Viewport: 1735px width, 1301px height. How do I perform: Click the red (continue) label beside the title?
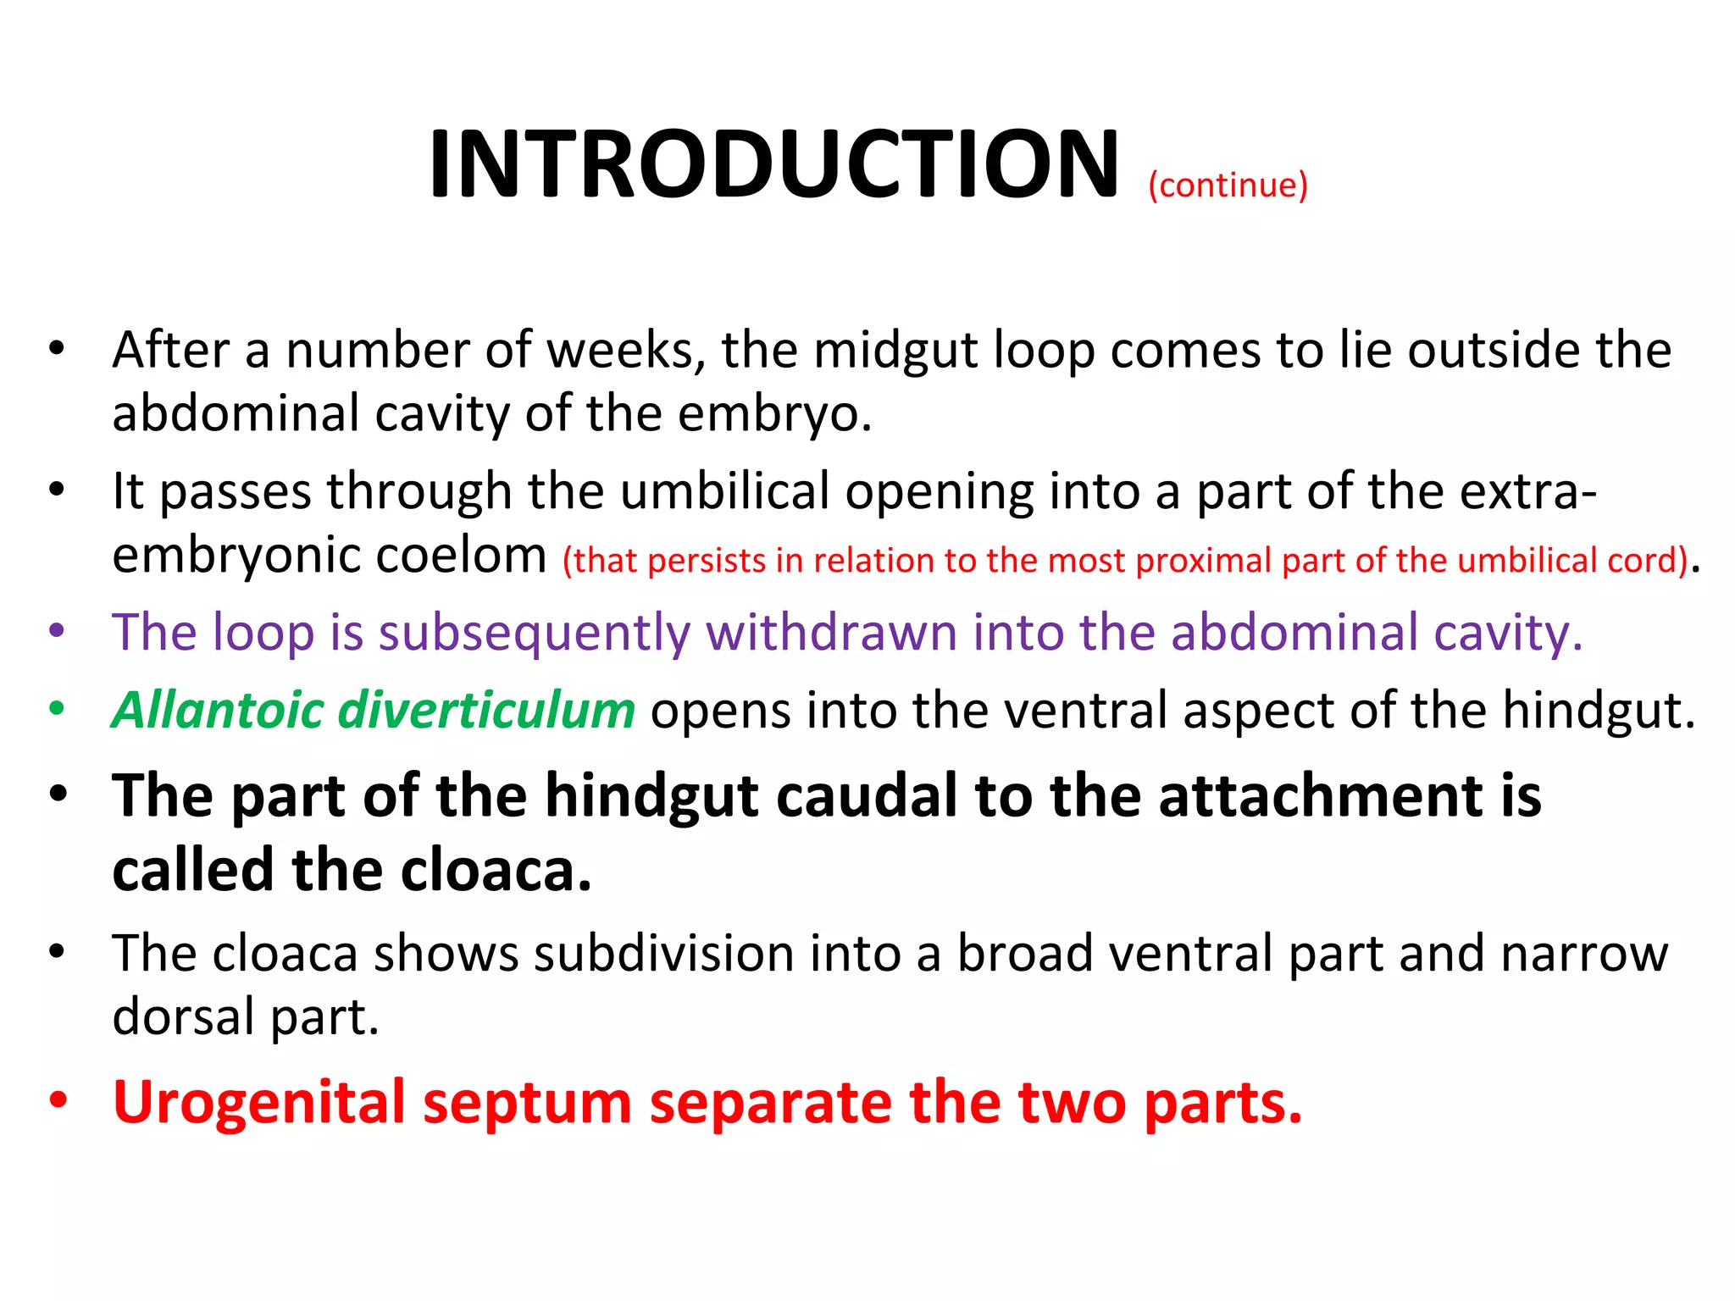pos(1228,185)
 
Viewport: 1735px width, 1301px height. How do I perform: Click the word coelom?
pos(461,556)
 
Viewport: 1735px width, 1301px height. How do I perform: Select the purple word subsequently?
pos(534,634)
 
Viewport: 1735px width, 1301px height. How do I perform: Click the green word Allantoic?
pos(218,710)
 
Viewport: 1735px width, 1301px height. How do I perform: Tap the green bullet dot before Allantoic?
pos(57,709)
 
